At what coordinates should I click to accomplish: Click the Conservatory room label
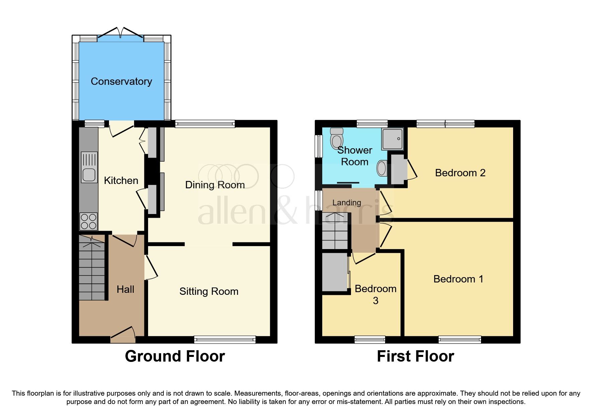(x=121, y=81)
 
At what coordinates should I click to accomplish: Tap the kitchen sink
(x=89, y=167)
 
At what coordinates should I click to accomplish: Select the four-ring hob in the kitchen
(x=89, y=221)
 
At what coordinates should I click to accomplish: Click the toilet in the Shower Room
(x=337, y=138)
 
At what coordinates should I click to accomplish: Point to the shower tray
(x=392, y=139)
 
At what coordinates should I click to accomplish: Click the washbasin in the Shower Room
(x=382, y=168)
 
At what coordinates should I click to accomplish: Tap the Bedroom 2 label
(x=460, y=173)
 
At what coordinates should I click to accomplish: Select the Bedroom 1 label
(x=458, y=279)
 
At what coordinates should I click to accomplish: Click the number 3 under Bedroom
(x=375, y=301)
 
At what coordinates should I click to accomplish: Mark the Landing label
(x=347, y=203)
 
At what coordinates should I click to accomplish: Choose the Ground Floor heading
(x=175, y=356)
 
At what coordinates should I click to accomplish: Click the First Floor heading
(x=415, y=356)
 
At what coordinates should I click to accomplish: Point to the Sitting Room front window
(x=225, y=340)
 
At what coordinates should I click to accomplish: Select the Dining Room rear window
(x=205, y=124)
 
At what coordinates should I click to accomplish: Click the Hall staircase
(x=92, y=267)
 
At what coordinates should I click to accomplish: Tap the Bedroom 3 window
(x=370, y=340)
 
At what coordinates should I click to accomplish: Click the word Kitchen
(x=121, y=181)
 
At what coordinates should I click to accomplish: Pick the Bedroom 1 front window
(x=460, y=340)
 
